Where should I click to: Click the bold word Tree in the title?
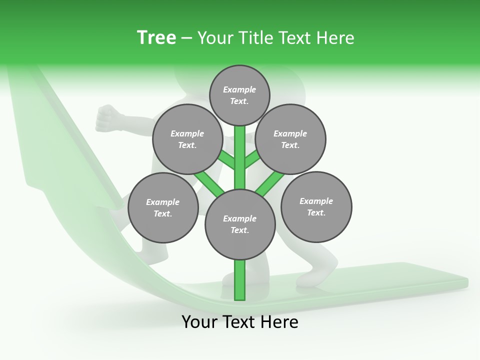coord(156,37)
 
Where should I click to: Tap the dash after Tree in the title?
coord(186,38)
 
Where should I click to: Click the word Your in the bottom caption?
coord(199,322)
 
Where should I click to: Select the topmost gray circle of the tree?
coord(239,95)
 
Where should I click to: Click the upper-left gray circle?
coord(187,139)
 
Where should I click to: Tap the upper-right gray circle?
coord(290,139)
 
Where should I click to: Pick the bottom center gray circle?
coord(240,224)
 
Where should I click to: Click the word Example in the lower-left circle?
coord(162,202)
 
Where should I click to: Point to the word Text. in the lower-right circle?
coord(316,212)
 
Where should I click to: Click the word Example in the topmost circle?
coord(239,89)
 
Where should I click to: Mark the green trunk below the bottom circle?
coord(240,280)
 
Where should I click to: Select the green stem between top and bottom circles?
coord(240,157)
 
